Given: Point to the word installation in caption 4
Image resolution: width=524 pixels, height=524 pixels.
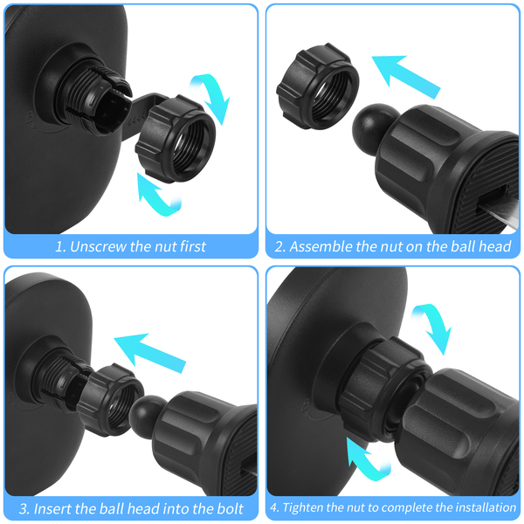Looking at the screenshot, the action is tap(486, 507).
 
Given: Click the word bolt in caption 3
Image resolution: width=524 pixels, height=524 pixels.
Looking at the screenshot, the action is tap(230, 508).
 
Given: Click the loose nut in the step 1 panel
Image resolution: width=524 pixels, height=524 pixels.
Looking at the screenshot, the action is tap(176, 138).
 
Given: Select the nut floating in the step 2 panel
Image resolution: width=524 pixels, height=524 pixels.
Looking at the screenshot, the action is tap(318, 86).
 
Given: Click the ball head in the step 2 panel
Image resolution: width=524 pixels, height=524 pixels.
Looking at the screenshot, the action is tap(371, 128).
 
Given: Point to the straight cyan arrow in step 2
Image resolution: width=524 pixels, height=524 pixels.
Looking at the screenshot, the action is tap(406, 76).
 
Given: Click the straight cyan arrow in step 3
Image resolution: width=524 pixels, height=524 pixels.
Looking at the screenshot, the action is tap(149, 352).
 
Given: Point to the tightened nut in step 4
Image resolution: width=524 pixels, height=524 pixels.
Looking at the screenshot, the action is tap(384, 388).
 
